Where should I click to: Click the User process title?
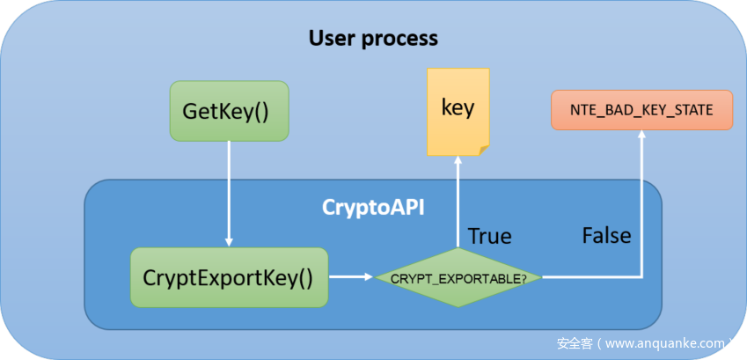tap(372, 39)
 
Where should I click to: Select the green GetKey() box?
tap(229, 111)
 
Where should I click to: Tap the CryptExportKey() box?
tap(228, 277)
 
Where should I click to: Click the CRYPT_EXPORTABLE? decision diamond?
tap(458, 278)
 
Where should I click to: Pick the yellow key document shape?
tap(458, 109)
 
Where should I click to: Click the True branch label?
tap(490, 235)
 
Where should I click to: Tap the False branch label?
tap(606, 235)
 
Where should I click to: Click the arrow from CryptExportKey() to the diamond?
tap(349, 277)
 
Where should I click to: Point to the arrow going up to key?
tap(458, 202)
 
